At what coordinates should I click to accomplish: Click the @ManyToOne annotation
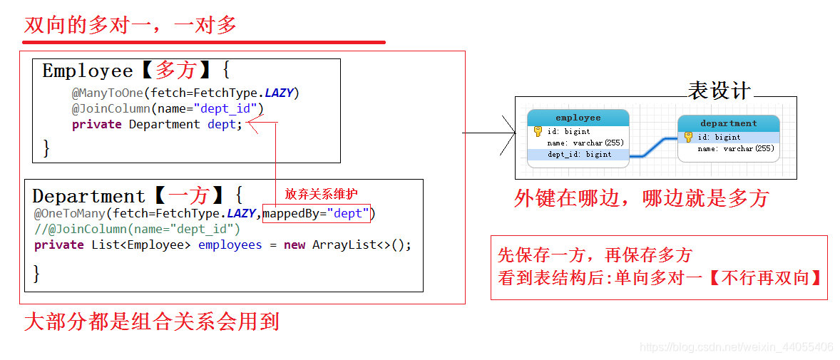[x=107, y=93]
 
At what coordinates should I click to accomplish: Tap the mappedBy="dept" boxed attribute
[x=317, y=213]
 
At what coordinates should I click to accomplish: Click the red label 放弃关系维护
[x=322, y=194]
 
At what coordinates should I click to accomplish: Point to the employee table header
[x=578, y=118]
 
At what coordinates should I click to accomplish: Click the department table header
[x=728, y=123]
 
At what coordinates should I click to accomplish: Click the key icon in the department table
[x=688, y=137]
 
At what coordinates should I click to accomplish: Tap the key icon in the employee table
[x=538, y=131]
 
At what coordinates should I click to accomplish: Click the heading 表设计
[x=719, y=91]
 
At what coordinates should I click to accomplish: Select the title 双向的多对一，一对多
[x=130, y=26]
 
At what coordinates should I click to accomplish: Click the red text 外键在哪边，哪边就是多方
[x=641, y=198]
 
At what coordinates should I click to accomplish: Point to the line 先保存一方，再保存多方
[x=595, y=255]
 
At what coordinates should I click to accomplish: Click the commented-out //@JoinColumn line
[x=137, y=229]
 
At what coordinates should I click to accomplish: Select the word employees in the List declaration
[x=230, y=245]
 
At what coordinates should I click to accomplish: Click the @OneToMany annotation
[x=69, y=213]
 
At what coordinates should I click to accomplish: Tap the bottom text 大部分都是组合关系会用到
[x=151, y=322]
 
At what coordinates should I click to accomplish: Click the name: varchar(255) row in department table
[x=735, y=148]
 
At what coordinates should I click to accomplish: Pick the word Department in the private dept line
[x=164, y=124]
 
